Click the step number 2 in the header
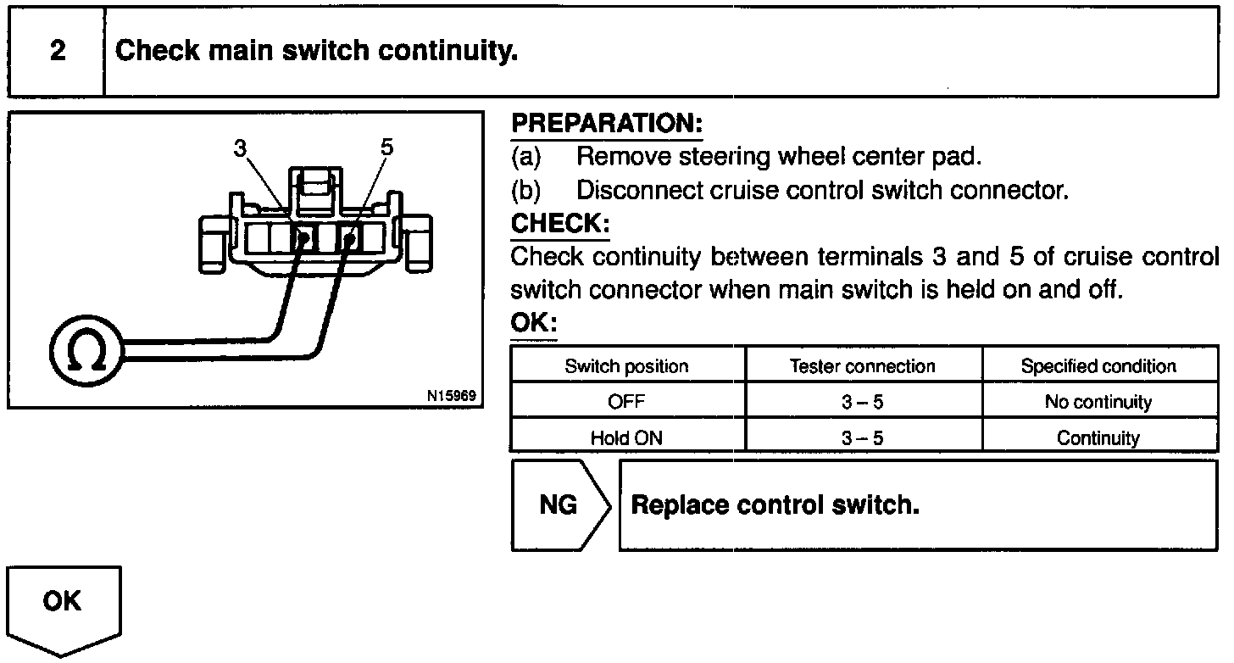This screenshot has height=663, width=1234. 57,52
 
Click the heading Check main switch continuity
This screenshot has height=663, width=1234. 316,52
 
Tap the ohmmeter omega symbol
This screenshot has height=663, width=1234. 86,351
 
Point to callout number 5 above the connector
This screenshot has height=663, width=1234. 386,148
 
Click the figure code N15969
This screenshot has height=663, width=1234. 453,396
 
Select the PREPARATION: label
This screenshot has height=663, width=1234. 607,125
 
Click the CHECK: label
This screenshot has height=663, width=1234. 560,224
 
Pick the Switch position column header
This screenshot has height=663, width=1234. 626,366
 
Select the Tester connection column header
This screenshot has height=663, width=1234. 862,366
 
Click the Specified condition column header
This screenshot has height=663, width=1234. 1098,366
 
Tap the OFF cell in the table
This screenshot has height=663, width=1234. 626,403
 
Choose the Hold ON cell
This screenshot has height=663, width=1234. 626,438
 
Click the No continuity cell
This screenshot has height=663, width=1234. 1098,403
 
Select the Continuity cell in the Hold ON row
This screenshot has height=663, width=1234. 1098,438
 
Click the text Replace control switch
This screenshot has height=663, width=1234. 775,505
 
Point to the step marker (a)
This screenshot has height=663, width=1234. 525,158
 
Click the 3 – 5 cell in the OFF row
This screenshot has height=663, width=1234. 862,403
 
